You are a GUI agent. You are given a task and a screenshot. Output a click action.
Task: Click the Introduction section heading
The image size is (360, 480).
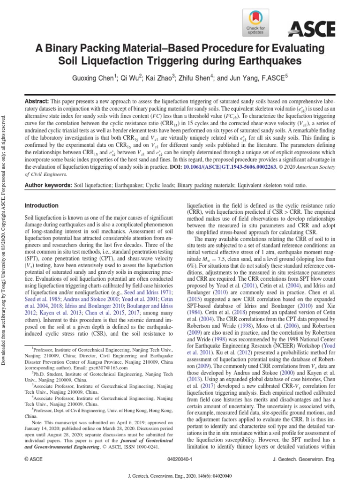[x=41, y=205]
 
